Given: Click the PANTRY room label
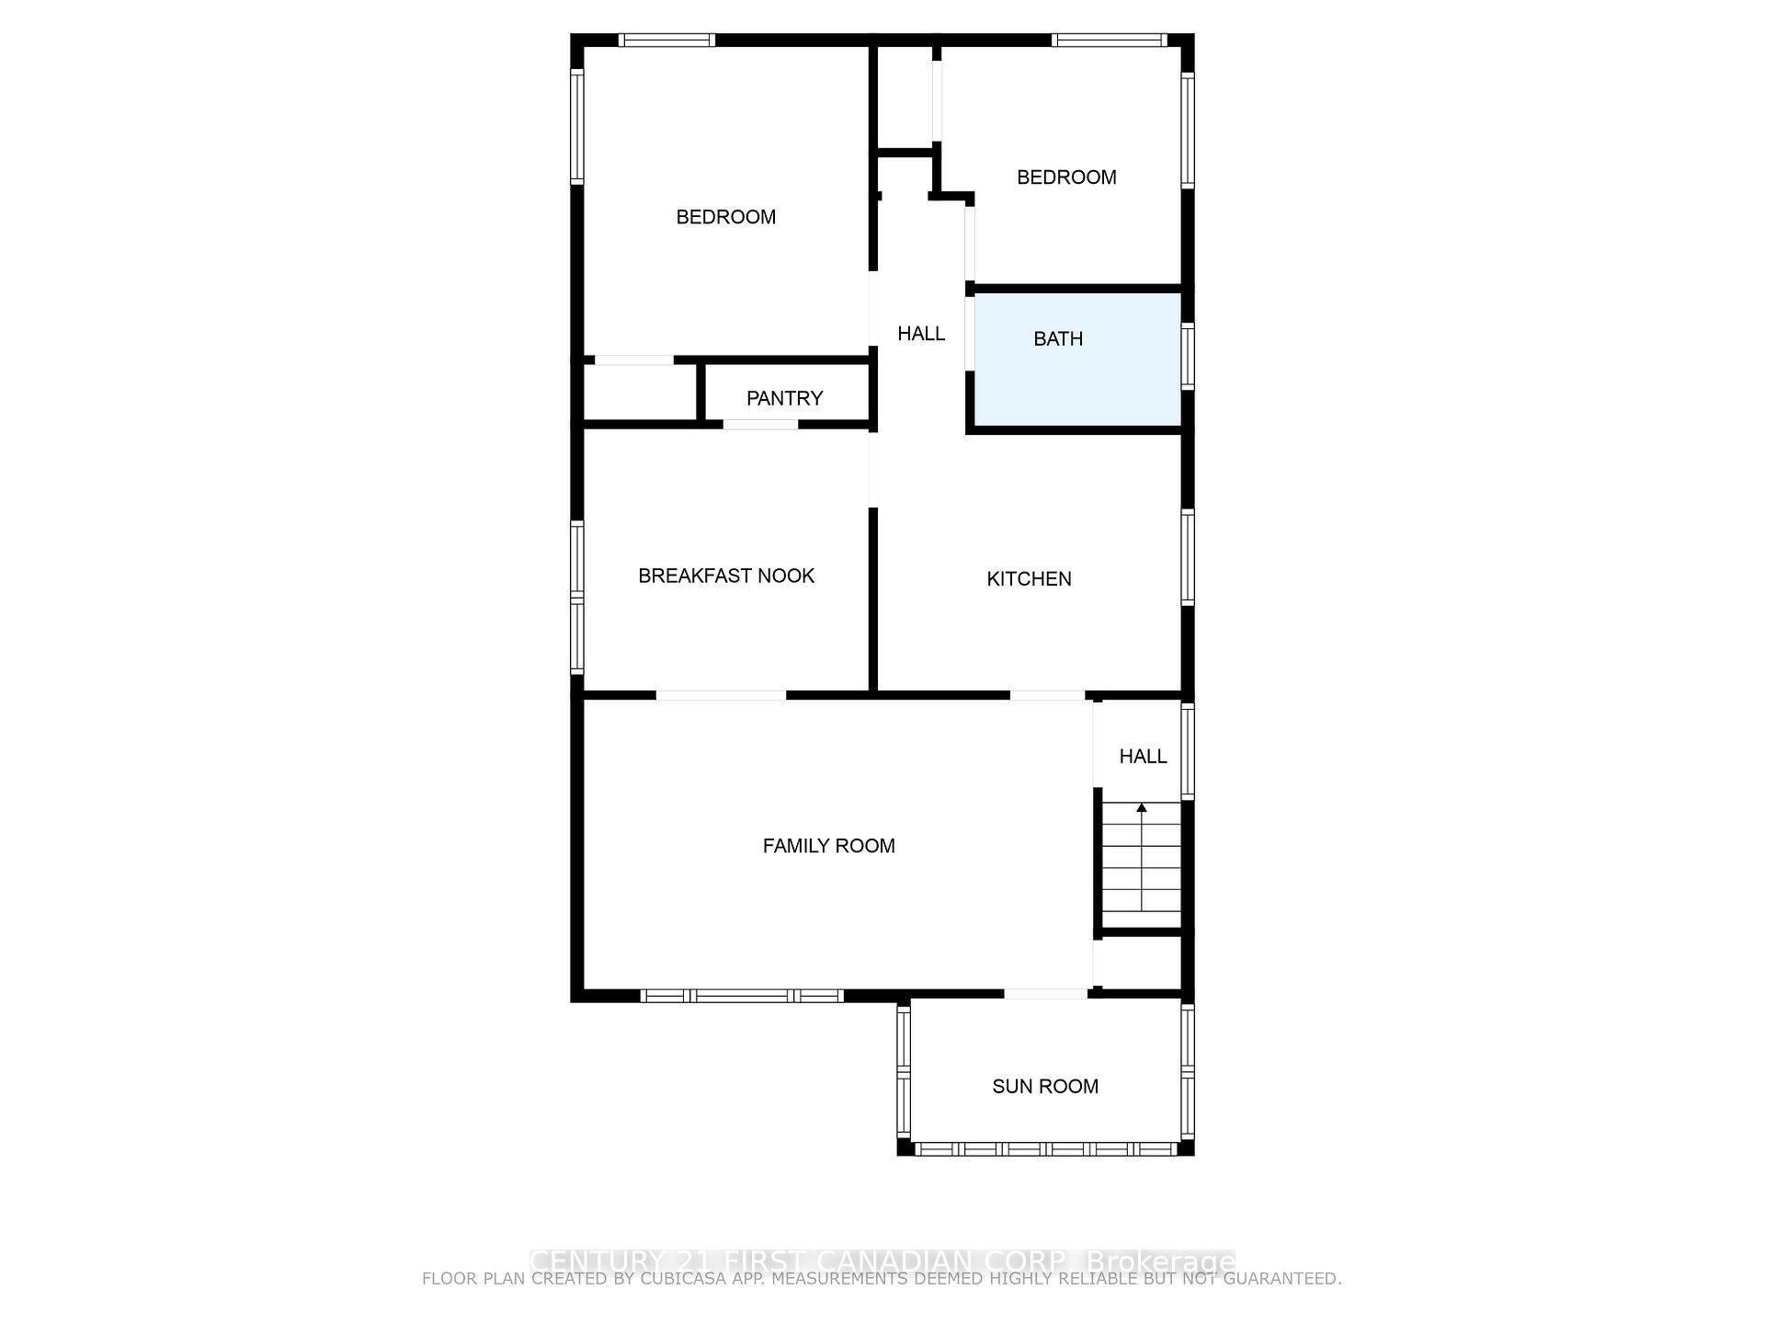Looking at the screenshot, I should [x=784, y=398].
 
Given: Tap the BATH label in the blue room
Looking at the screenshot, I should [x=1058, y=339].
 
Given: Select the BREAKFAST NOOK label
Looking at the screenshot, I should [x=726, y=576].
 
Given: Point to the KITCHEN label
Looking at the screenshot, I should [x=1029, y=579].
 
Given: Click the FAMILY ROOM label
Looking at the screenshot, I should [x=828, y=846].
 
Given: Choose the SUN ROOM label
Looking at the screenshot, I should [x=1045, y=1087].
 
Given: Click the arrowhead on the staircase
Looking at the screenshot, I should [x=1142, y=808].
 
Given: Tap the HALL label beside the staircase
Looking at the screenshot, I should [x=1143, y=757].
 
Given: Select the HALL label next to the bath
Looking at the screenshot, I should [x=921, y=334].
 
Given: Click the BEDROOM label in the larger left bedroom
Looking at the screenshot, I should [x=725, y=217].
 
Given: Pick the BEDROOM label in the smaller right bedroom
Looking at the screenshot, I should [x=1066, y=177].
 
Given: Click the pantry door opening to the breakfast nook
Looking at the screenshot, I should [x=760, y=425].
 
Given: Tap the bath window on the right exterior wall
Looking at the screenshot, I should [x=1188, y=356].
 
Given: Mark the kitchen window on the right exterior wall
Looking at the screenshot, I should [x=1188, y=557].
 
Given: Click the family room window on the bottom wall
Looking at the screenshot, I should [x=741, y=996].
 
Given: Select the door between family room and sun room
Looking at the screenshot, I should [x=1045, y=993].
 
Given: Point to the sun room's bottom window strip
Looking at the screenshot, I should [x=1045, y=1149].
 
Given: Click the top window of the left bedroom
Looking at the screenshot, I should [x=666, y=40].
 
